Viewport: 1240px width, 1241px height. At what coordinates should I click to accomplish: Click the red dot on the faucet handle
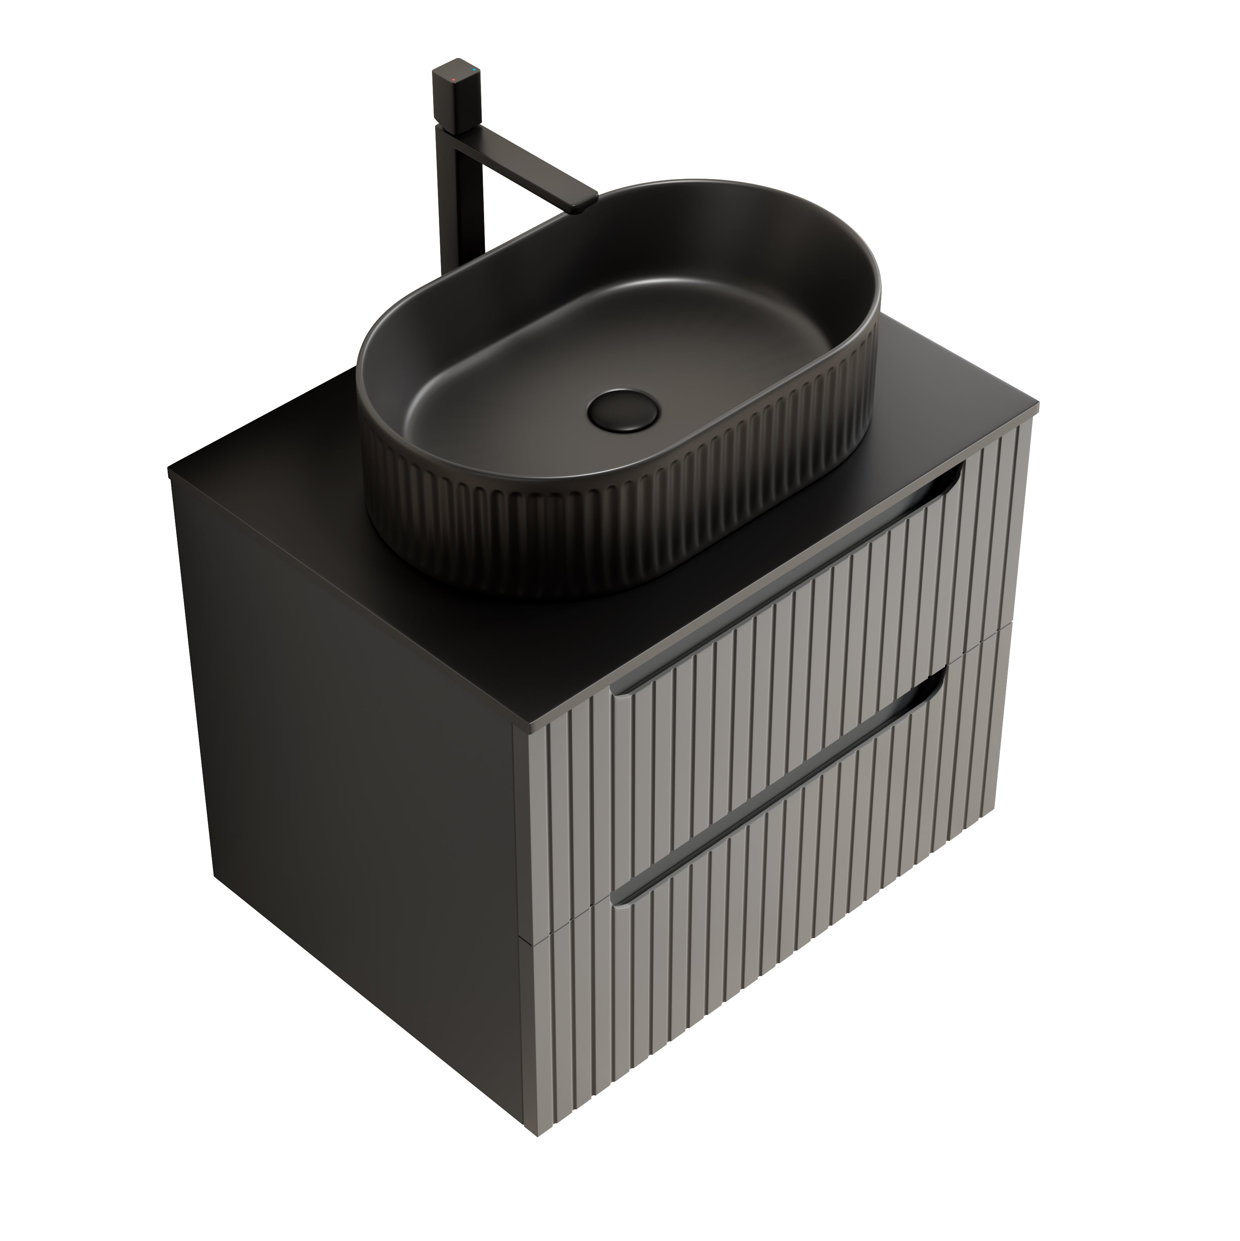tap(454, 80)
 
